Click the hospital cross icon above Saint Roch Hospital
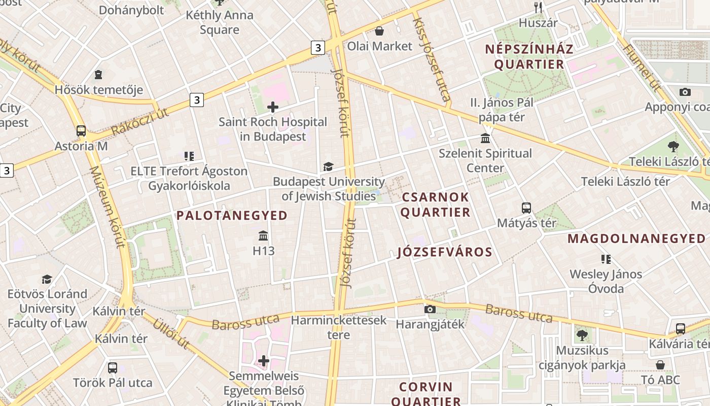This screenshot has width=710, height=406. coord(273,107)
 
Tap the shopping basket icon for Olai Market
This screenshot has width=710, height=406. coord(379,31)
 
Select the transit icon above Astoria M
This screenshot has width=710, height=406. coord(81,131)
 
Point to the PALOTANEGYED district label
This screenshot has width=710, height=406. coord(232,216)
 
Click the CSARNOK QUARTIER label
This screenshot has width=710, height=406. coord(436,205)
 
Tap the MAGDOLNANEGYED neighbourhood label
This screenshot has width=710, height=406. coord(636,239)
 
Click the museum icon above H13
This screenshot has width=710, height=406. coord(263,236)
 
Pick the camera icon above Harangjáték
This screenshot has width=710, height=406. coord(430,309)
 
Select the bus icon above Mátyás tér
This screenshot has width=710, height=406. coord(526,208)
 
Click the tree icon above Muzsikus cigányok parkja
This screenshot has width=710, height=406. coord(582,335)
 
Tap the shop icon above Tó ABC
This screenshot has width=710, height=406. coord(660,365)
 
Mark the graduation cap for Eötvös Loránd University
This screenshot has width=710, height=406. coord(47,279)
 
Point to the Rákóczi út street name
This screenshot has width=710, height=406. coord(140,122)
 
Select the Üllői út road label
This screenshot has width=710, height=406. coord(171,333)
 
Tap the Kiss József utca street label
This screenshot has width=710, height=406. coord(432,59)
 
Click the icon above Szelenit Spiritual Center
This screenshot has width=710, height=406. coord(485,139)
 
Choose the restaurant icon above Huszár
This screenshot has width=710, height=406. coord(538,8)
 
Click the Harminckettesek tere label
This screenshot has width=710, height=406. coord(339,327)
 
